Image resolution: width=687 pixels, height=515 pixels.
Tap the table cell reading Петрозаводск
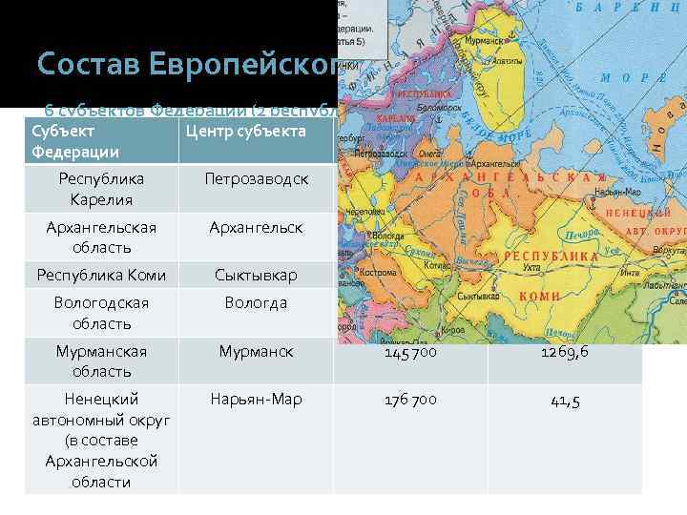255,178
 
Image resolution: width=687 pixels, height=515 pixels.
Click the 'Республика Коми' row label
100,276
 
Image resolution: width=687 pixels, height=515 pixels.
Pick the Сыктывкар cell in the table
255,276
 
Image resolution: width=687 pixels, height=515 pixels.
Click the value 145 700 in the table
410,352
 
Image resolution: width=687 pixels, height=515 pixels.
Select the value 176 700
410,400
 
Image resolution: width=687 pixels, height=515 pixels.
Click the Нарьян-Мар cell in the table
255,400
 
